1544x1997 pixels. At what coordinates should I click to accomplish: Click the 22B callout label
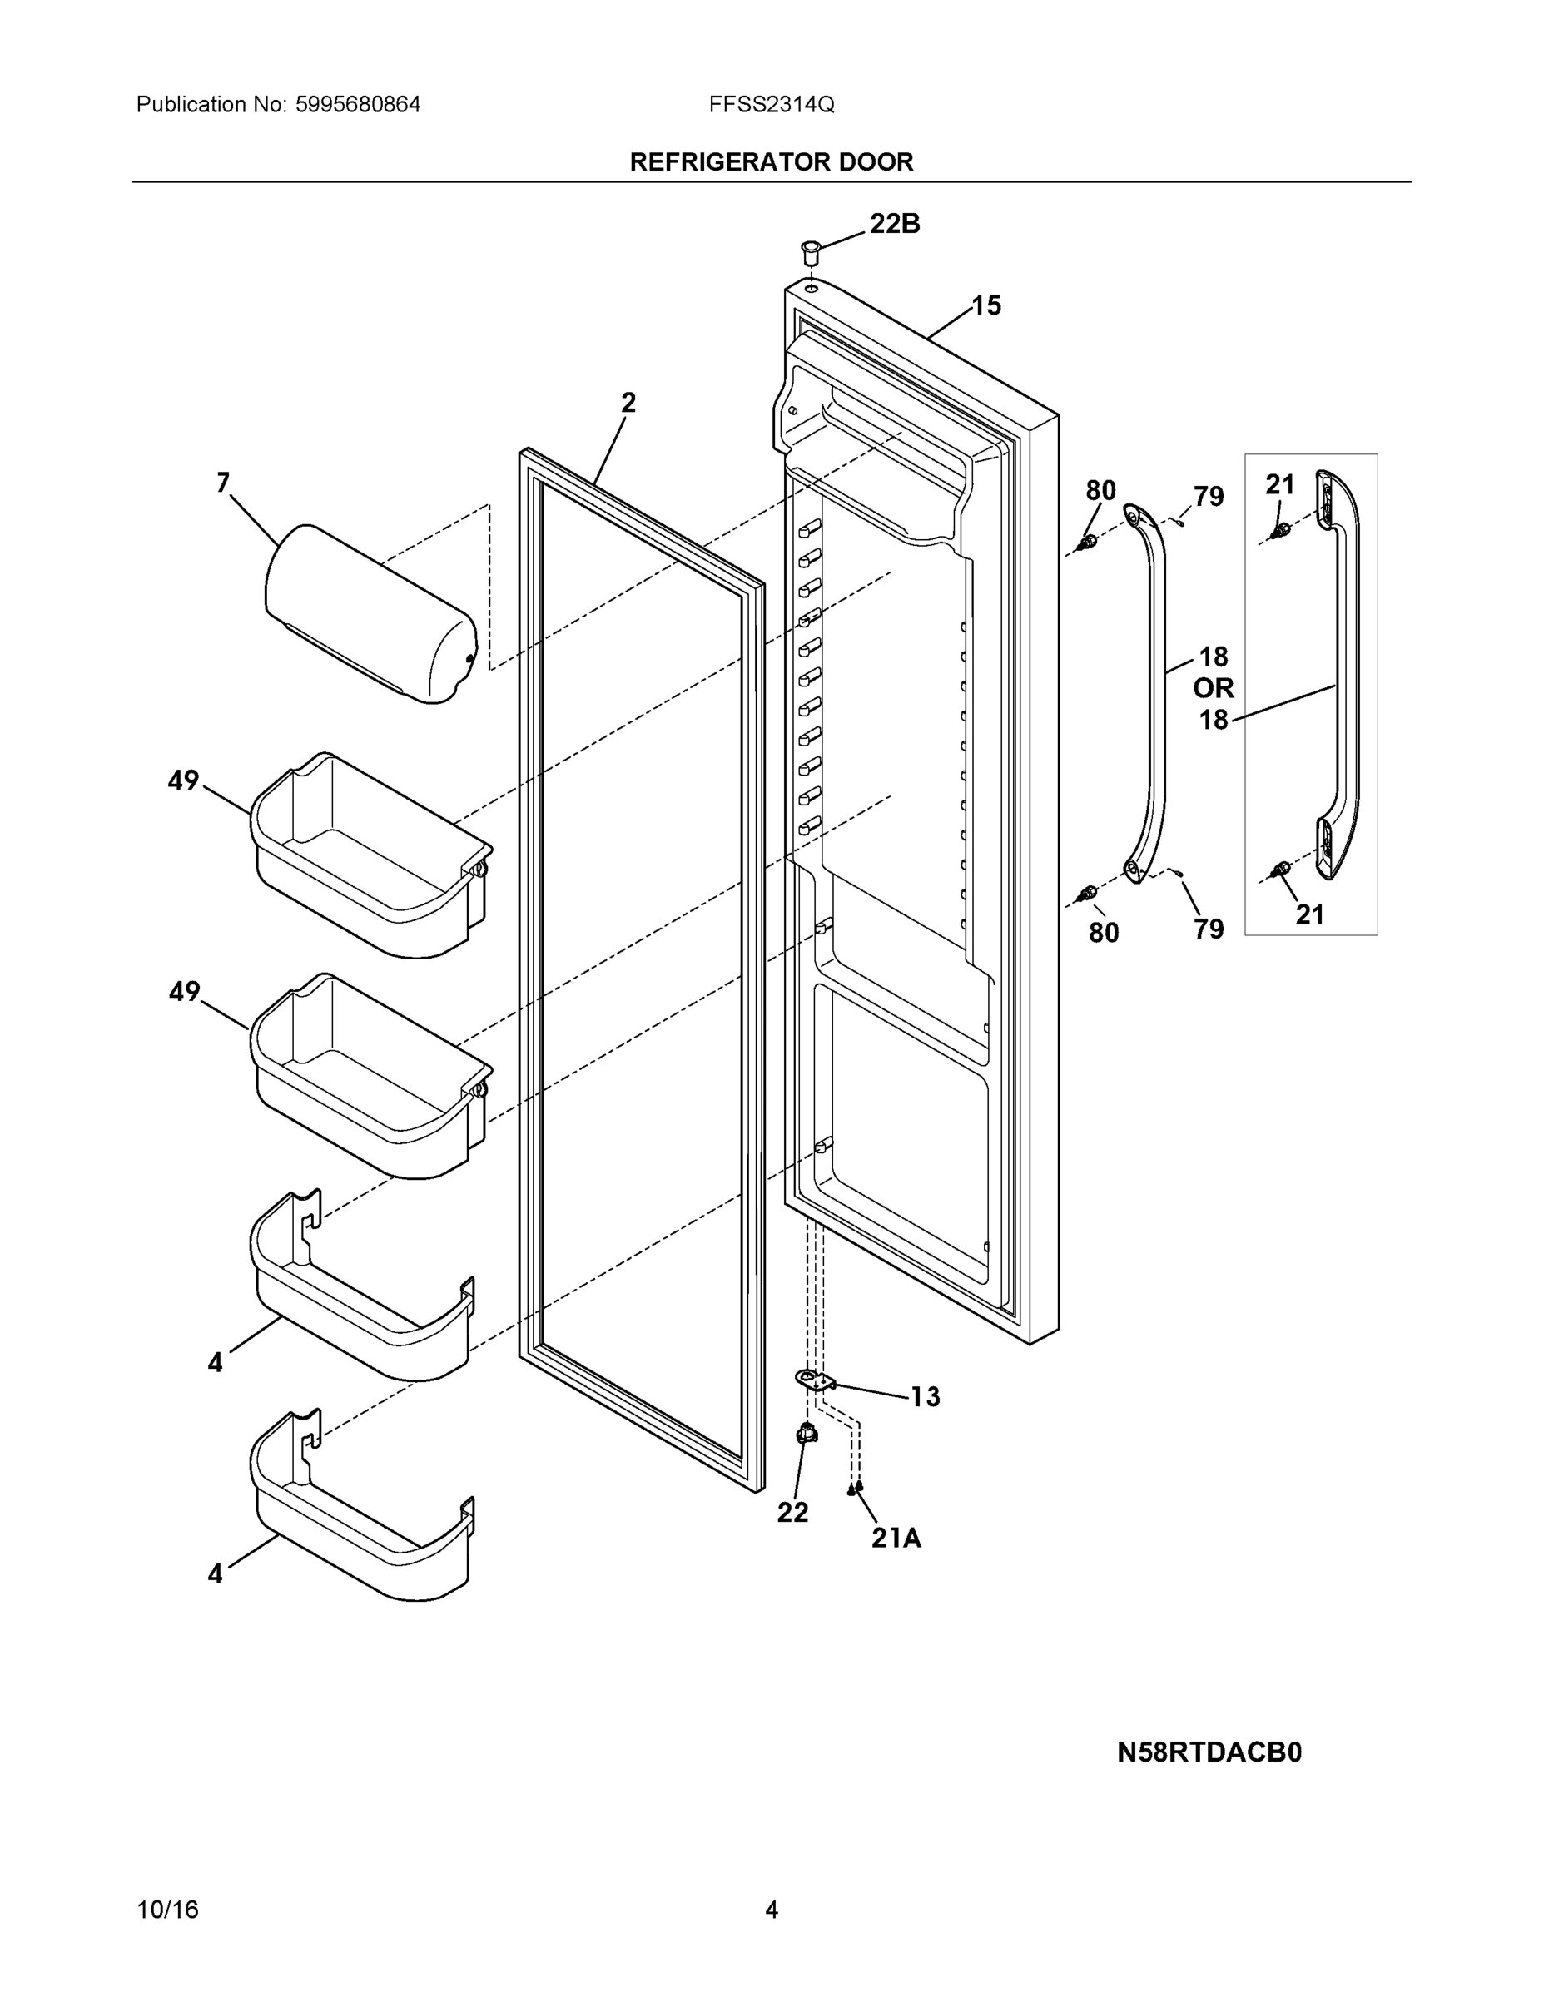pos(894,224)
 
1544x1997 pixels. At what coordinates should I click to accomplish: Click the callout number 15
pos(986,305)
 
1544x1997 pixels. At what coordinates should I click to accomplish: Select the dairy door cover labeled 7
pos(370,613)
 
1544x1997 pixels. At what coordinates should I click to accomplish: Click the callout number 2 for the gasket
pos(628,403)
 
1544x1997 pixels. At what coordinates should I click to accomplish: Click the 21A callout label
pos(896,1539)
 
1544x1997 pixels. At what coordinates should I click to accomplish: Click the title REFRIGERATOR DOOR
pos(771,162)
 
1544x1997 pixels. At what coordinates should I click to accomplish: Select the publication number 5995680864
pos(358,105)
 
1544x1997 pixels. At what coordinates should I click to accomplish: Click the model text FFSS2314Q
pos(771,105)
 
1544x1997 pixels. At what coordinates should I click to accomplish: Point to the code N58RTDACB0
pos(1209,1752)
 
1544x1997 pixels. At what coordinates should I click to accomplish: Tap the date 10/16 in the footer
pos(167,1910)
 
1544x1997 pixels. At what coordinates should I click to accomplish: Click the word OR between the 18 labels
pos(1213,687)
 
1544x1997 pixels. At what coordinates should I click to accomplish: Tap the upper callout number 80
pos(1100,491)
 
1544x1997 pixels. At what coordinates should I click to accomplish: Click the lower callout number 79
pos(1209,929)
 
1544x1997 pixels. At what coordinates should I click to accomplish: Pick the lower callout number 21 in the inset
pos(1310,914)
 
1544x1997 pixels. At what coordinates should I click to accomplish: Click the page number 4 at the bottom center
pos(771,1910)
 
